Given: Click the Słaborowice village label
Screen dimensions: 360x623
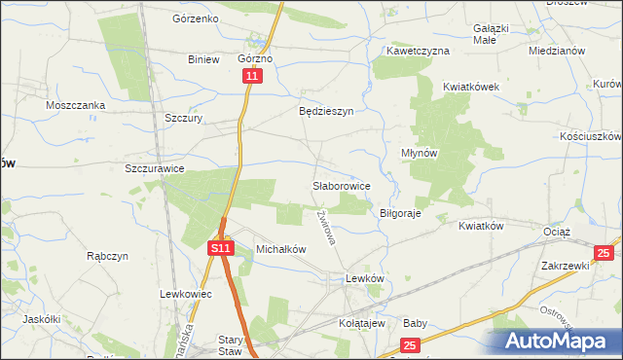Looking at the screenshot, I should (340, 184).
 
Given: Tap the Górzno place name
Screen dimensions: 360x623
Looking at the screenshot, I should (255, 58).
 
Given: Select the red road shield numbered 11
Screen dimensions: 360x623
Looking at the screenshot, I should (253, 76).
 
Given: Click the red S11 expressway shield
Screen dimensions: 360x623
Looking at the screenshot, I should (221, 249).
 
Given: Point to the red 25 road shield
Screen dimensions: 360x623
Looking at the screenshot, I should (410, 344).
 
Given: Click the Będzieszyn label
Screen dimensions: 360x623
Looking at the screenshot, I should (325, 111).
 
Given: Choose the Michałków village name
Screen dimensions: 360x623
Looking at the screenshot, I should (280, 249).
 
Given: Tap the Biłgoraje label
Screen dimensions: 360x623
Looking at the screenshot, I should (399, 213).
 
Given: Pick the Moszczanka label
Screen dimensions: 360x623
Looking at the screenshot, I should (75, 104).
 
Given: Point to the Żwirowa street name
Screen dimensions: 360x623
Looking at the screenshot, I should (325, 228).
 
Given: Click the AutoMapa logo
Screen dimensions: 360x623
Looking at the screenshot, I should (557, 342).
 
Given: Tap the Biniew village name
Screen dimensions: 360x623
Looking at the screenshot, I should (203, 58).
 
